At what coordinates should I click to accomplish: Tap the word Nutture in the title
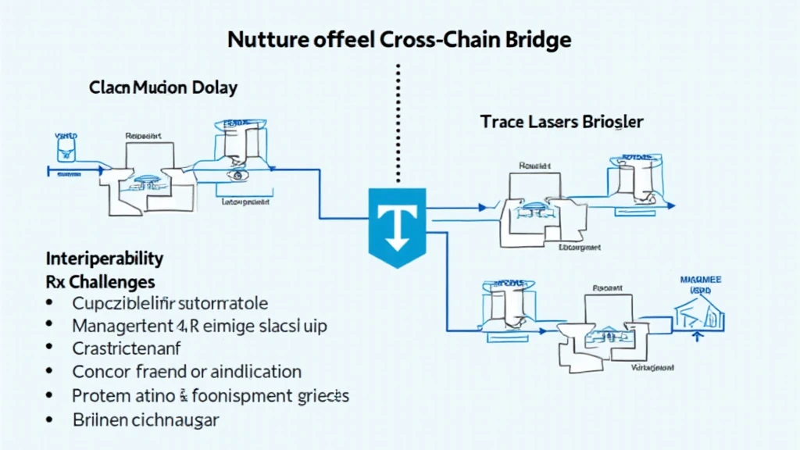click(x=265, y=40)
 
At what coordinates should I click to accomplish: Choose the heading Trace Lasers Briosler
click(x=562, y=122)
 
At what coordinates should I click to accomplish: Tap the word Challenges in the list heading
click(x=114, y=281)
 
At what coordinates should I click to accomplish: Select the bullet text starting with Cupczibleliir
click(x=170, y=302)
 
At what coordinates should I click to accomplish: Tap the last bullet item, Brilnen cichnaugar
click(x=145, y=419)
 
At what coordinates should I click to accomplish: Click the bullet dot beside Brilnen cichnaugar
click(x=50, y=420)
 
